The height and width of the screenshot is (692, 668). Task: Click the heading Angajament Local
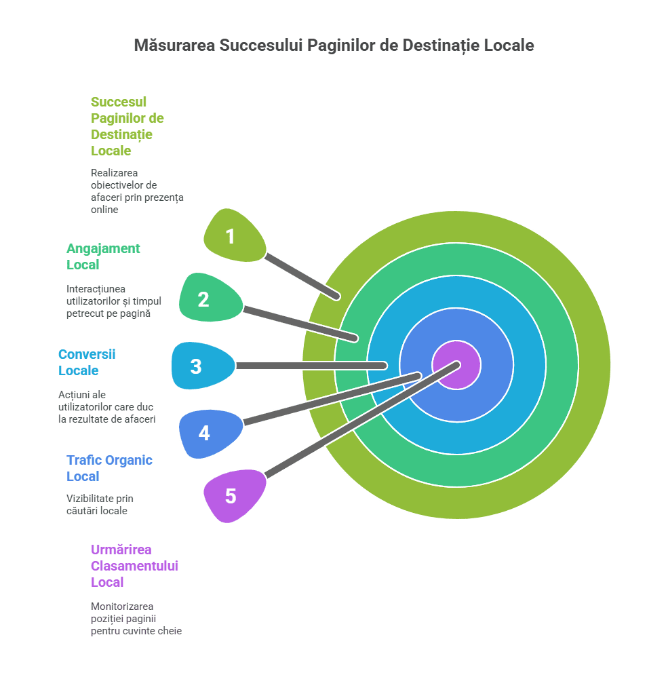coord(103,256)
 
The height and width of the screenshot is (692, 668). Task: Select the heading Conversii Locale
coord(87,362)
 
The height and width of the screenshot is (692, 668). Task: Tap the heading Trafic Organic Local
coord(109,468)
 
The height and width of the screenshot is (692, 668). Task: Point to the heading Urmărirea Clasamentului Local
coord(134,566)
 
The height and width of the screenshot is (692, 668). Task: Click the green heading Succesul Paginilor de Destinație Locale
coord(127,126)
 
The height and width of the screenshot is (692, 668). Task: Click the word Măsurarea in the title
coord(172,45)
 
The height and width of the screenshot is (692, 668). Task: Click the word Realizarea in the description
coord(114,173)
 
